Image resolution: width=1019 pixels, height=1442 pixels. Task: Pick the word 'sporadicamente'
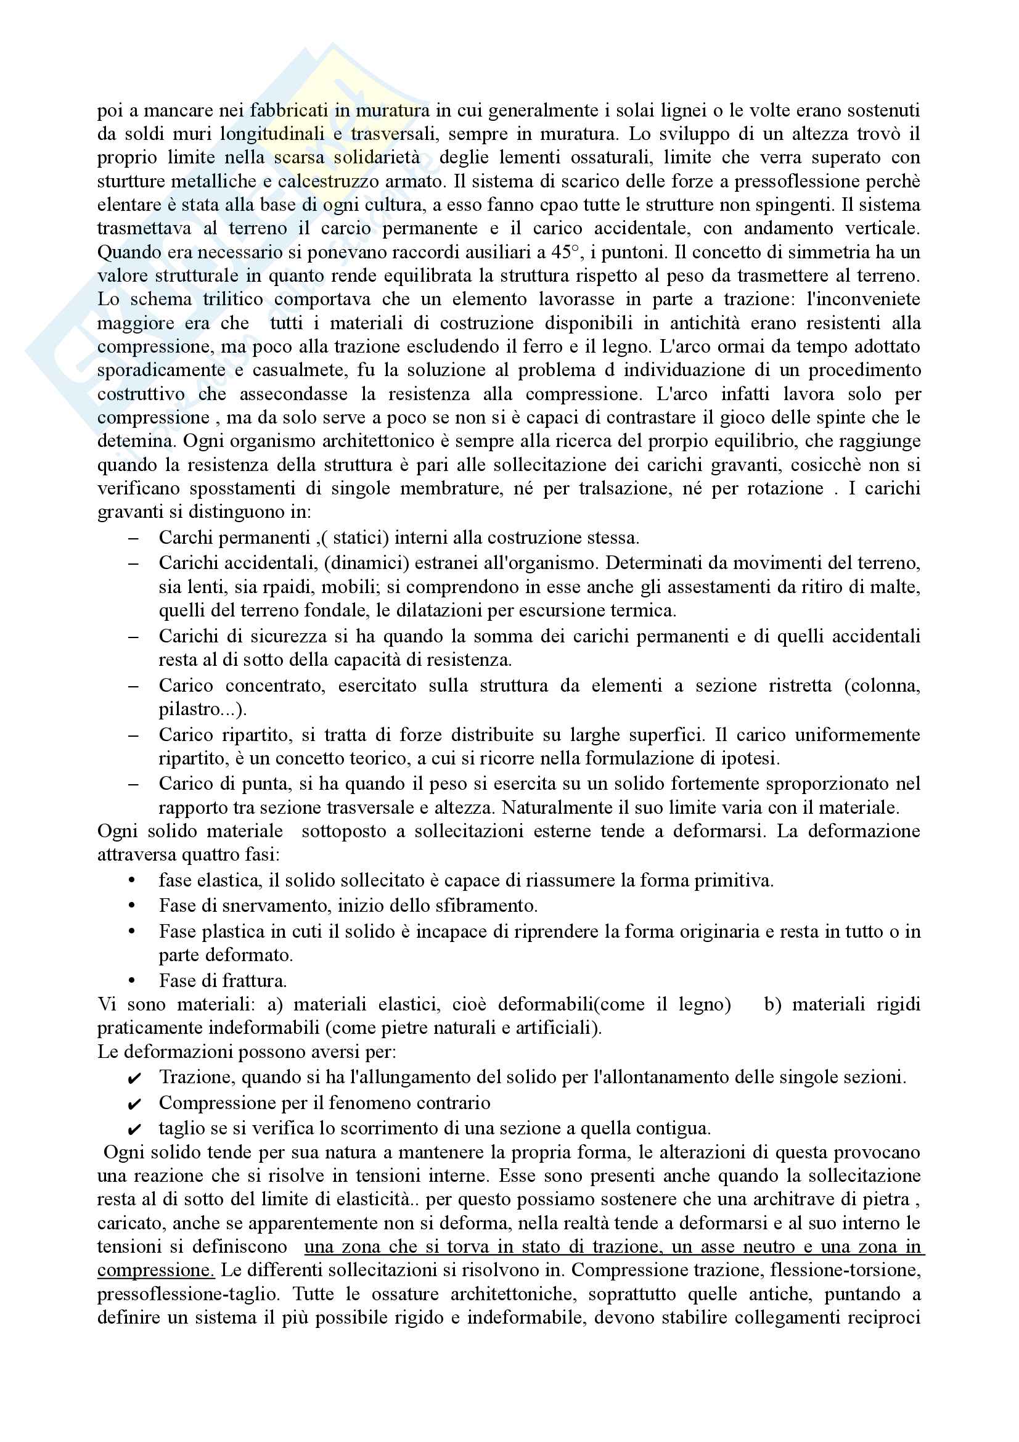tap(161, 371)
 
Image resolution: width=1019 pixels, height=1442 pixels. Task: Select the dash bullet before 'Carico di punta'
tap(133, 784)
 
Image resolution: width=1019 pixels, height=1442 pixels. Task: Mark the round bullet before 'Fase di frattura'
tap(132, 980)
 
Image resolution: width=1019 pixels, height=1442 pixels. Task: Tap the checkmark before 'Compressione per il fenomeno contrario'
tap(134, 1104)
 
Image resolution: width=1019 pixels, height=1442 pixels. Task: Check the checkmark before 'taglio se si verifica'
tap(134, 1129)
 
